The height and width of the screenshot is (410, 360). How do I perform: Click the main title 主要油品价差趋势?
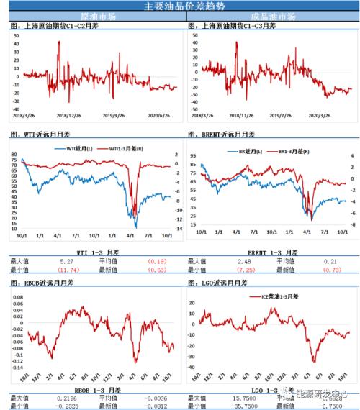click(x=180, y=6)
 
